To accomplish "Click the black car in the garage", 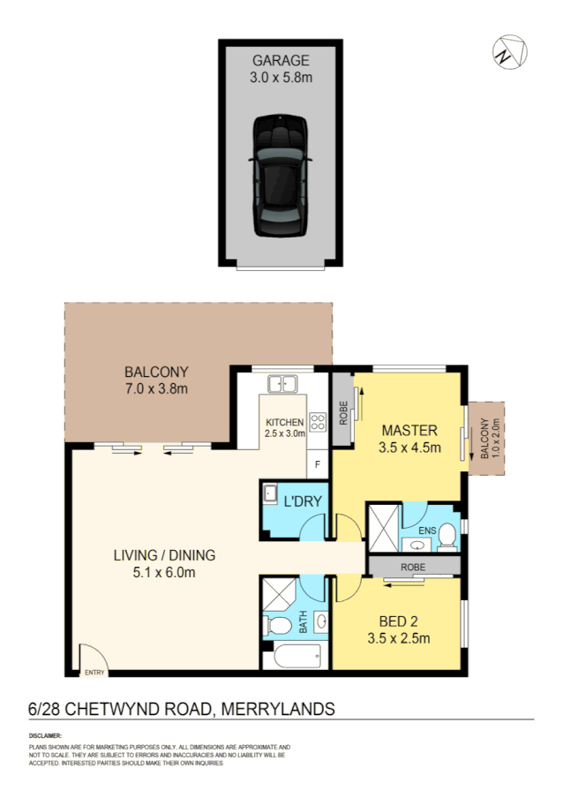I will pos(281,176).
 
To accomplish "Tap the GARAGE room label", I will pos(281,61).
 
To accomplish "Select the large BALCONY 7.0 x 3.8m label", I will pos(156,380).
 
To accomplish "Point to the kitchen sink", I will pos(283,384).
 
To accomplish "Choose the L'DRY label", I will pos(302,502).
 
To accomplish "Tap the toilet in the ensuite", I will pos(447,536).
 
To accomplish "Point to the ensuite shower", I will pos(383,527).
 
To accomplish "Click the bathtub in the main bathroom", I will pos(296,656).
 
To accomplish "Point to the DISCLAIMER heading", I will pos(46,735).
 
